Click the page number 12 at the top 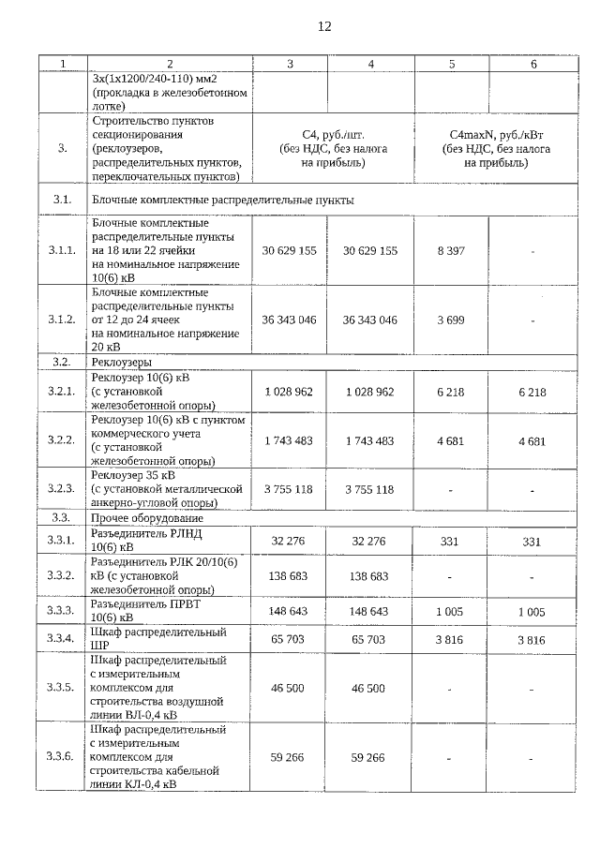(x=324, y=26)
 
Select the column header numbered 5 (x=452, y=64)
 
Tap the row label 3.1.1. (x=62, y=251)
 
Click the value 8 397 (x=452, y=251)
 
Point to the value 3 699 (x=452, y=320)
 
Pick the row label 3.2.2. (x=62, y=439)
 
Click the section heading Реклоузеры (x=122, y=361)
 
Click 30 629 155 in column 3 (x=290, y=251)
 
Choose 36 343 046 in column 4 (x=370, y=320)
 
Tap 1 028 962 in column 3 (x=290, y=392)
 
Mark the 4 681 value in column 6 (x=532, y=439)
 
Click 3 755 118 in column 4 (x=370, y=489)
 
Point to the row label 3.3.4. (x=62, y=639)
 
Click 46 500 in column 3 (x=290, y=688)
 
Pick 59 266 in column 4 (x=370, y=757)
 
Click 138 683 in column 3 (x=290, y=576)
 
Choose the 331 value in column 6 (x=532, y=541)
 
